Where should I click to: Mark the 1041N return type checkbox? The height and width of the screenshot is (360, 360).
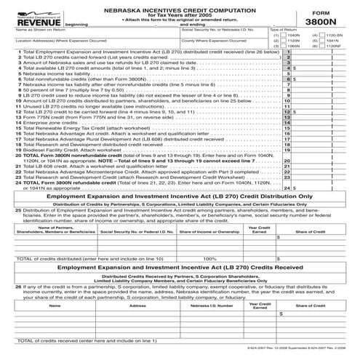point(322,40)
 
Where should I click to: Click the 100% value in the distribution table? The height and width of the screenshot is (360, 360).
point(210,257)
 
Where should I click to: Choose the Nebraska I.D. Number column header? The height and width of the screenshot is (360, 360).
point(210,306)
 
